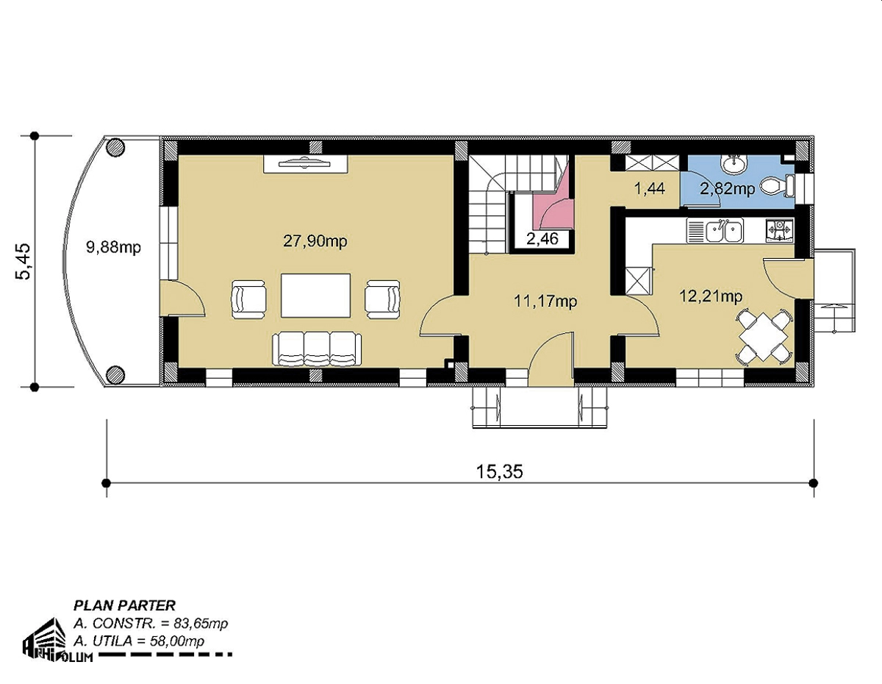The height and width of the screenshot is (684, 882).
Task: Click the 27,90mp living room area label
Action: (x=315, y=241)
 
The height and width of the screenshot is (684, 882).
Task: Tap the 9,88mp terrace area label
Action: (x=113, y=246)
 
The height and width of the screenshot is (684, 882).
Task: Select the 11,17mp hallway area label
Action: (x=545, y=301)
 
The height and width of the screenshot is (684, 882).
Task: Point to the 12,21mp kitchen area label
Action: (x=711, y=296)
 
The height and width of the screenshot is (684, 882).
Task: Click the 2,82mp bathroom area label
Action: (x=728, y=188)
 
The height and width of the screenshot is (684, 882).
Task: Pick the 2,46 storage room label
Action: (x=542, y=238)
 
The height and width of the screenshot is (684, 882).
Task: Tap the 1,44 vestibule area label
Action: (x=650, y=188)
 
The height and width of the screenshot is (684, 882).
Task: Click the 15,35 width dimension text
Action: (x=500, y=471)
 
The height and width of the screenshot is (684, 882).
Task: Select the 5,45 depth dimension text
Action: (x=23, y=261)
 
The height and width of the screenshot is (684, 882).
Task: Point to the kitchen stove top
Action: (x=779, y=231)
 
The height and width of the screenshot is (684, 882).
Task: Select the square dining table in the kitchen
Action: (x=764, y=337)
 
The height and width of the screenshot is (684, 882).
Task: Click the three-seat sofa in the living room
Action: (x=317, y=349)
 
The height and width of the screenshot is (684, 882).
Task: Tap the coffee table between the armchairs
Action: (x=315, y=295)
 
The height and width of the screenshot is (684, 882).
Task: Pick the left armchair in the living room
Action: (x=249, y=300)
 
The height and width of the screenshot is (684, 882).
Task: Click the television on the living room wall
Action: (x=305, y=163)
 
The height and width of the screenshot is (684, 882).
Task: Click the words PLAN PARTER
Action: (x=124, y=605)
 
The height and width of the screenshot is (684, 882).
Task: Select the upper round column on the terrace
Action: (x=115, y=146)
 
